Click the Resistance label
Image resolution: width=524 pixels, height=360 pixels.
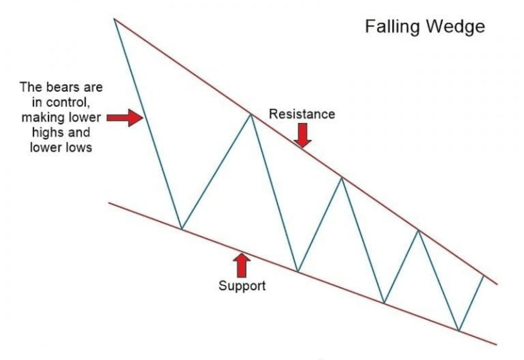pos(302,114)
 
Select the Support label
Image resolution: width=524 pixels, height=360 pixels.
pos(242,285)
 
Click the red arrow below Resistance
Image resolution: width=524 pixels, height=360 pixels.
pos(303,135)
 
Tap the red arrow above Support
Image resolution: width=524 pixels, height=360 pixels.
pos(242,265)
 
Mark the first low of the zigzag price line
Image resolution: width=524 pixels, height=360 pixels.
pos(181,229)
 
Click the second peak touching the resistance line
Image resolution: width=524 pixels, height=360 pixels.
pos(250,114)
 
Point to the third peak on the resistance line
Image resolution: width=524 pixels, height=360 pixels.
pos(342,178)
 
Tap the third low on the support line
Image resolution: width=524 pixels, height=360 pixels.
pos(384,303)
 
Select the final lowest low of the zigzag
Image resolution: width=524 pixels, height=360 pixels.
pos(458,331)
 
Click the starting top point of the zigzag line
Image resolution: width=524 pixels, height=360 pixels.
pos(114,19)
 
